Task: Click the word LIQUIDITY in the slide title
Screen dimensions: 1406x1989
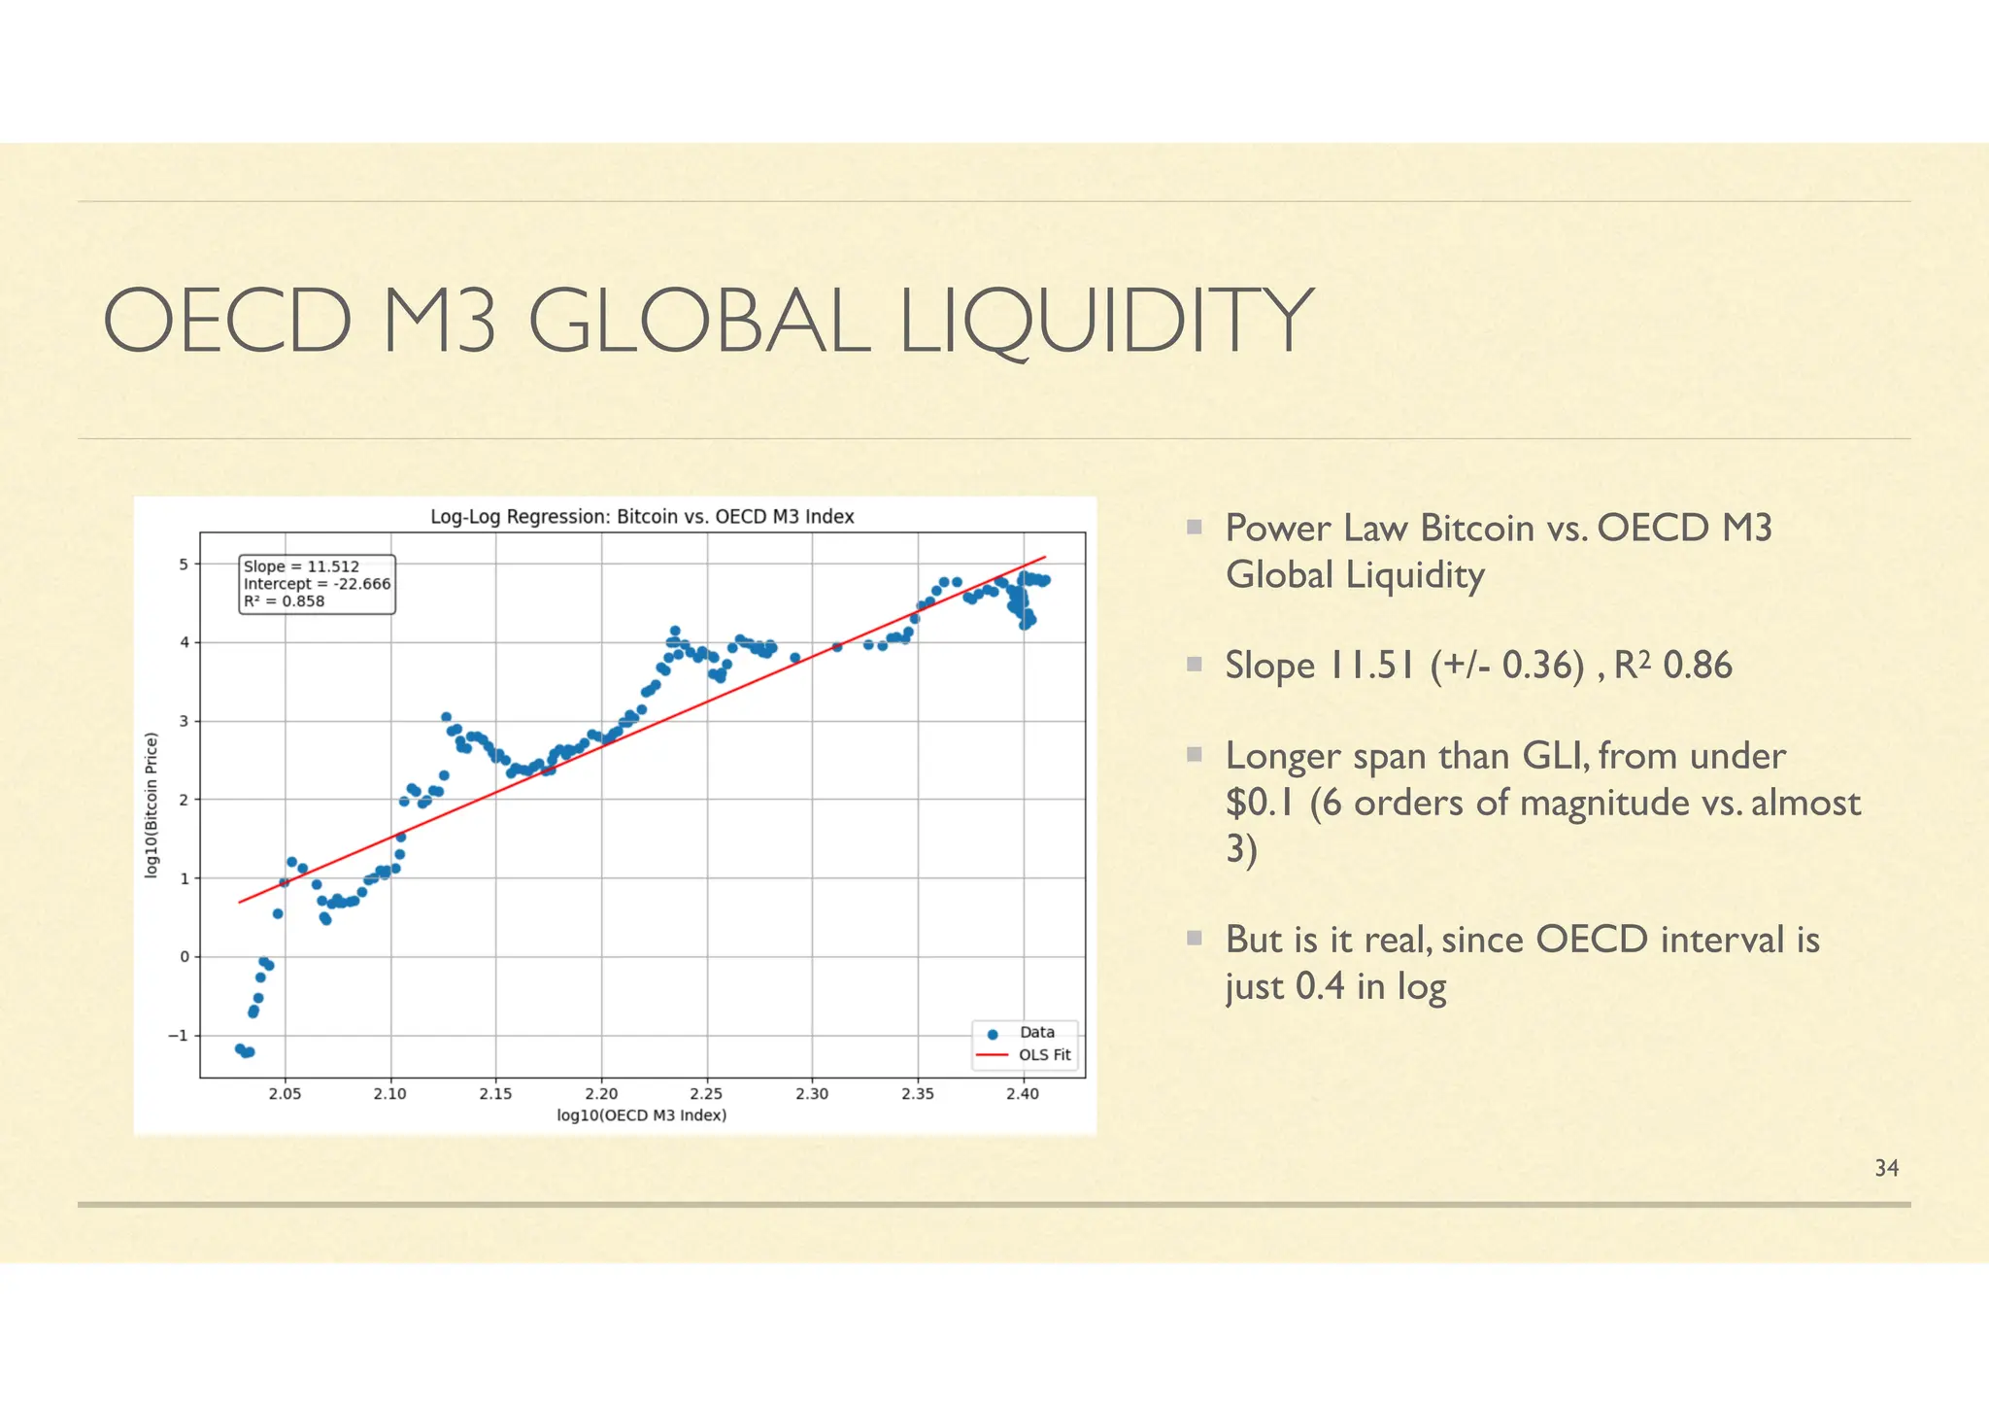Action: (1106, 322)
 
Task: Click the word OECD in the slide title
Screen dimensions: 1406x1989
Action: (227, 322)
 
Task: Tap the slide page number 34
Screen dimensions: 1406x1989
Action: (1886, 1169)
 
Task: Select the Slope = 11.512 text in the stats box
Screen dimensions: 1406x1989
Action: (301, 566)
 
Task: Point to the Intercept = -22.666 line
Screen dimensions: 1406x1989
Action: (317, 584)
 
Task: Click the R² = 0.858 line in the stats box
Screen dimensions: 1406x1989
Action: (284, 601)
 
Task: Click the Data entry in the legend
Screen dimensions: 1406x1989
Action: (1036, 1033)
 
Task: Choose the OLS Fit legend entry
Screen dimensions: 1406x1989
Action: (1044, 1055)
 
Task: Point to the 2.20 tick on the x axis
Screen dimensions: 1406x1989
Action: (601, 1094)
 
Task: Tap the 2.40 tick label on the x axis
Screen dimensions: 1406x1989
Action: (1022, 1094)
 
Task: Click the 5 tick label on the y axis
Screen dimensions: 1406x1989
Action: (185, 565)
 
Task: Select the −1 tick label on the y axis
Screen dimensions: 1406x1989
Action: (178, 1036)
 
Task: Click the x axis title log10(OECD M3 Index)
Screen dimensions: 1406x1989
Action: (642, 1115)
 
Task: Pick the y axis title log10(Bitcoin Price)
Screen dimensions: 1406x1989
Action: (152, 806)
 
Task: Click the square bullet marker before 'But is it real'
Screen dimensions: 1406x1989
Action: (1195, 938)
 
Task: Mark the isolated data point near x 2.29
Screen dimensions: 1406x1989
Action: (794, 658)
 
